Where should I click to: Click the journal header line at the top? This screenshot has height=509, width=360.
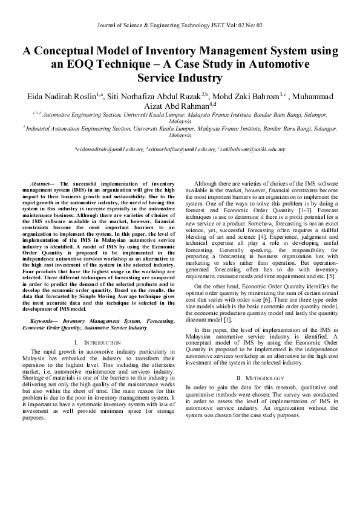tap(180, 25)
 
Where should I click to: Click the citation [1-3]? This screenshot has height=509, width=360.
tap(306, 210)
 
